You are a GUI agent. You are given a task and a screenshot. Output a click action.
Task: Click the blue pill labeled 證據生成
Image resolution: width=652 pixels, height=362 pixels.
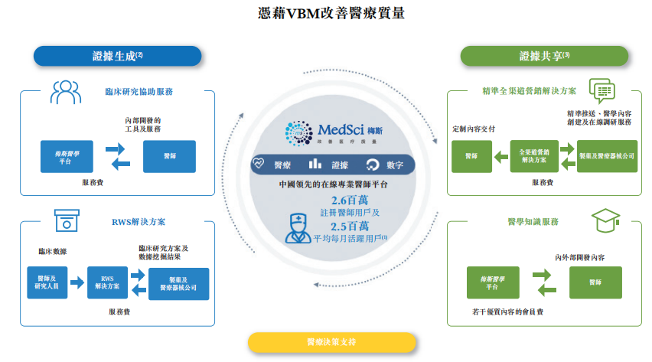pos(117,55)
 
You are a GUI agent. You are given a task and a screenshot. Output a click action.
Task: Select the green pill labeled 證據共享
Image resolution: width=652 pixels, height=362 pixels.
pos(544,56)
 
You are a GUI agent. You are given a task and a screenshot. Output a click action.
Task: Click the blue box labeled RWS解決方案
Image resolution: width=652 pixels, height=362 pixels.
pos(107,282)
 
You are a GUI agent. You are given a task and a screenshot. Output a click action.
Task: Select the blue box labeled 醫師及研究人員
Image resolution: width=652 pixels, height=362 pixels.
pos(45,282)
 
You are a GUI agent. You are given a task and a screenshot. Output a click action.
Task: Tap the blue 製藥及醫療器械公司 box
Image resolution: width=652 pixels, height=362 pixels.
pos(178,283)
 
